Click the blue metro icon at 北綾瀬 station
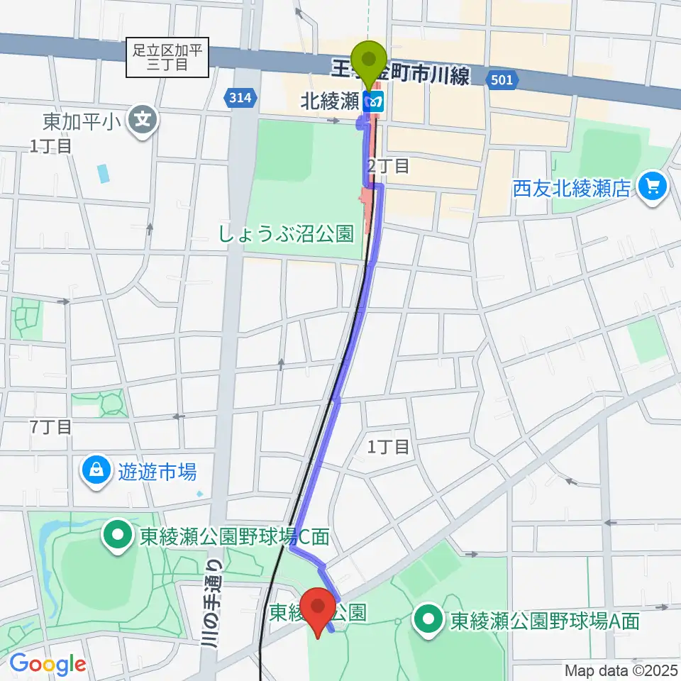pos(374,102)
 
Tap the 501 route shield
pos(501,81)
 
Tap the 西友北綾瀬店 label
pos(572,188)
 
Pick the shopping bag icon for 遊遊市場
pos(96,470)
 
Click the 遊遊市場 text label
pos(157,470)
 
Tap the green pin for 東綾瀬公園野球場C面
pos(116,537)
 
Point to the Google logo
pos(47,664)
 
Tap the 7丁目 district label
pos(50,426)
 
